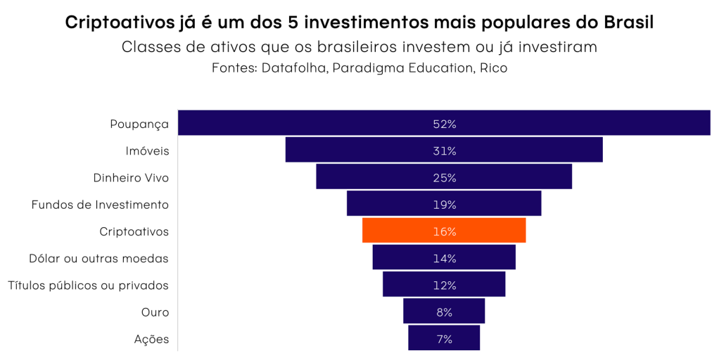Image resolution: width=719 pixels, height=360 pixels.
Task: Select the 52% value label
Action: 444,124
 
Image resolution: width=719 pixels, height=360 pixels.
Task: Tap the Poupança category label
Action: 139,124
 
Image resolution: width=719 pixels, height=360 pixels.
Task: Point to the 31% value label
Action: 444,150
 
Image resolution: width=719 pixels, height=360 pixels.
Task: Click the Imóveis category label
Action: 147,150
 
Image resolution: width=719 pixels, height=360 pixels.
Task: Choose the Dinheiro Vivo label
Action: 131,178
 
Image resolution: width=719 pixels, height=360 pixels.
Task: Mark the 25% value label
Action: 444,178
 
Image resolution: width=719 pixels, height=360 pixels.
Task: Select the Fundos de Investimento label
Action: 100,205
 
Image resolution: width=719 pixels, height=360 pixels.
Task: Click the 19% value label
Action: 444,205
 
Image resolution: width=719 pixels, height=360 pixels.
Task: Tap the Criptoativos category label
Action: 134,231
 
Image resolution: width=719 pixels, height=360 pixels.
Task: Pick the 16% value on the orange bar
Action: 444,231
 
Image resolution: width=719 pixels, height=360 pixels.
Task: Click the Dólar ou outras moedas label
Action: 98,258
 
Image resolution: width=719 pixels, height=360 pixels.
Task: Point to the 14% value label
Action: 444,258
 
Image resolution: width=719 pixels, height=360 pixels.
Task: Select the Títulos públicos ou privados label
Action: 88,285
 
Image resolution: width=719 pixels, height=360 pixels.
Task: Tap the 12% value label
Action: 444,285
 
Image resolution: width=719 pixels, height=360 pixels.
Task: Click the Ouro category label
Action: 155,312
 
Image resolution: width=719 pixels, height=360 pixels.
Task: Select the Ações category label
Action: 151,339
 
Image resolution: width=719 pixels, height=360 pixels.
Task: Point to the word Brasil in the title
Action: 629,22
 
